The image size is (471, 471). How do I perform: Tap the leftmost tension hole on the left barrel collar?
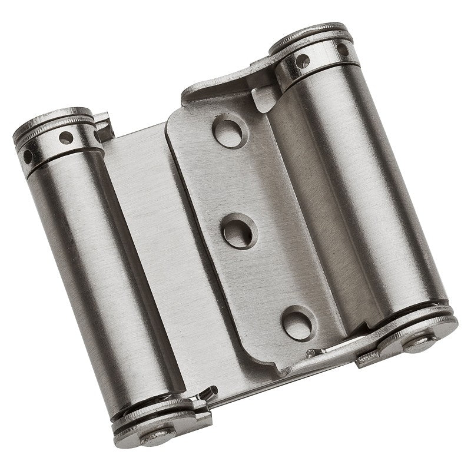point(27,156)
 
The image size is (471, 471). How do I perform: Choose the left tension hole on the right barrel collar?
point(303,59)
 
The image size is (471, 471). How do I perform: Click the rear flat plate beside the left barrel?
point(147,235)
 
